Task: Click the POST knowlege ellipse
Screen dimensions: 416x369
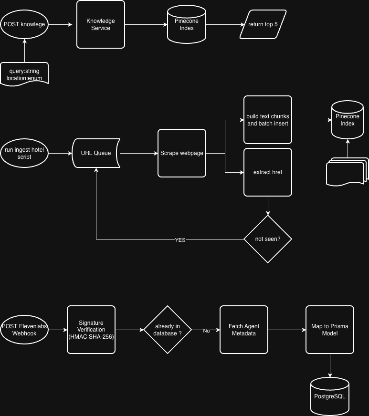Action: coord(24,24)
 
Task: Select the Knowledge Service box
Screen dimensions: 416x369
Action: coord(101,24)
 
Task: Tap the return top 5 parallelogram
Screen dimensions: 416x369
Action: coord(263,24)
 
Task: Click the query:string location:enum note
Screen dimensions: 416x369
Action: coord(24,74)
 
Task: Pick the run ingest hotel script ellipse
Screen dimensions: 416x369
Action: coord(24,153)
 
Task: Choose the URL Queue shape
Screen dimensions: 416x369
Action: coord(96,153)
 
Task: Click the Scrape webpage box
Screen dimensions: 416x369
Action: coord(182,153)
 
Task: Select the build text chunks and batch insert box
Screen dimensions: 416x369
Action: coord(268,120)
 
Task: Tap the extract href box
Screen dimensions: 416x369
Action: coord(268,172)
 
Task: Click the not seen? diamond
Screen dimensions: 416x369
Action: coord(268,239)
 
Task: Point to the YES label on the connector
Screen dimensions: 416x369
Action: coord(180,240)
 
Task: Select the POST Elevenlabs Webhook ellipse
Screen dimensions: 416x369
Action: coord(24,330)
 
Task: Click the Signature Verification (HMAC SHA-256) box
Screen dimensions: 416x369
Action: coord(91,330)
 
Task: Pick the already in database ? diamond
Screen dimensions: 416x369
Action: coord(168,330)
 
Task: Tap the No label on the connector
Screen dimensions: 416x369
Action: coord(206,331)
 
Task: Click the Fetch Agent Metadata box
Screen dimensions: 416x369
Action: coord(244,330)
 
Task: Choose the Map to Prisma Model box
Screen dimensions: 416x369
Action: coord(330,330)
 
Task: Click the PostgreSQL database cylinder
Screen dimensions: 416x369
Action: coord(330,396)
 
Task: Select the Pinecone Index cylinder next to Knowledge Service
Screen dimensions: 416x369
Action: coord(187,24)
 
